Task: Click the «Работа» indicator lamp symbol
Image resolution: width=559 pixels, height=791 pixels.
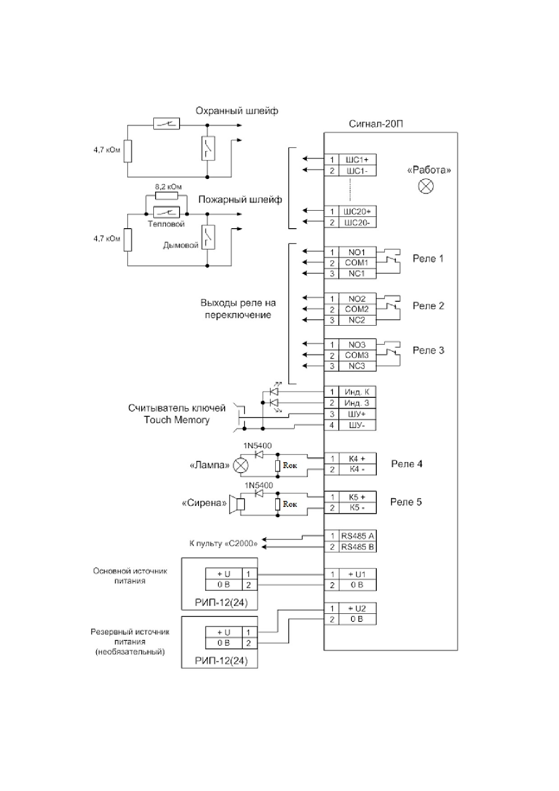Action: pos(426,186)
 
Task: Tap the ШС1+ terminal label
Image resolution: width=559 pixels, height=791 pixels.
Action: pos(357,160)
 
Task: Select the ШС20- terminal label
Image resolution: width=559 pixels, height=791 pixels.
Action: pos(357,222)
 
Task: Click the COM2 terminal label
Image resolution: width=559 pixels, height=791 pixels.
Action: pos(357,309)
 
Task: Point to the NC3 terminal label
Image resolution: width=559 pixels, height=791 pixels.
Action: pos(357,366)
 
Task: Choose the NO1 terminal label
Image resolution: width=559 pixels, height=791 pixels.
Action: pos(357,252)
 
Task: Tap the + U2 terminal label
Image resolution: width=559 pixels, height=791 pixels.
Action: pos(357,608)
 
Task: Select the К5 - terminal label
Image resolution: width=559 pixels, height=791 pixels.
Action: pos(357,508)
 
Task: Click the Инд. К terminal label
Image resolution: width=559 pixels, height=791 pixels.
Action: pos(357,392)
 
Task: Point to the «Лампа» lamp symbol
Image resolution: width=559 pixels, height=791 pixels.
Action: pos(241,465)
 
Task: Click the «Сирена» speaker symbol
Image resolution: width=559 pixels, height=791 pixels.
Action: pos(237,504)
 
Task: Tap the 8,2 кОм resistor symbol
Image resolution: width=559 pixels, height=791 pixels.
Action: pos(167,196)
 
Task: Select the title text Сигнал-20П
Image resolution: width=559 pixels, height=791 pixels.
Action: pos(376,124)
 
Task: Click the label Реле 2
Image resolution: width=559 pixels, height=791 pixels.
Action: pos(428,306)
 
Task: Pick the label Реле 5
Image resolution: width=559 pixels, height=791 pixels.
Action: pos(406,502)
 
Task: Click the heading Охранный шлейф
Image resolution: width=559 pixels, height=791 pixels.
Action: pos(237,111)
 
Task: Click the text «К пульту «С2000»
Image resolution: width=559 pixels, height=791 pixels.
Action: pos(224,544)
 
